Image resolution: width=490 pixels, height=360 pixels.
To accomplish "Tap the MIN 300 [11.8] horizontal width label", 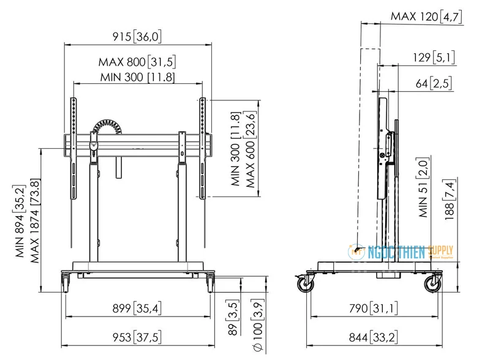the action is click(x=137, y=77).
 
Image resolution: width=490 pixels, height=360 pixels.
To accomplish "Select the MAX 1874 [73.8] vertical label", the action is click(x=35, y=220).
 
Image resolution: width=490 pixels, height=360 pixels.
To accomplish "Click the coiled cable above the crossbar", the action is click(x=107, y=127).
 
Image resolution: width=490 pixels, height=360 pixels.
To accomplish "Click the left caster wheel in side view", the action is click(x=305, y=283).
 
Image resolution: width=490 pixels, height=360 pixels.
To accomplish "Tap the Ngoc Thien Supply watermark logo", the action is click(x=401, y=252).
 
